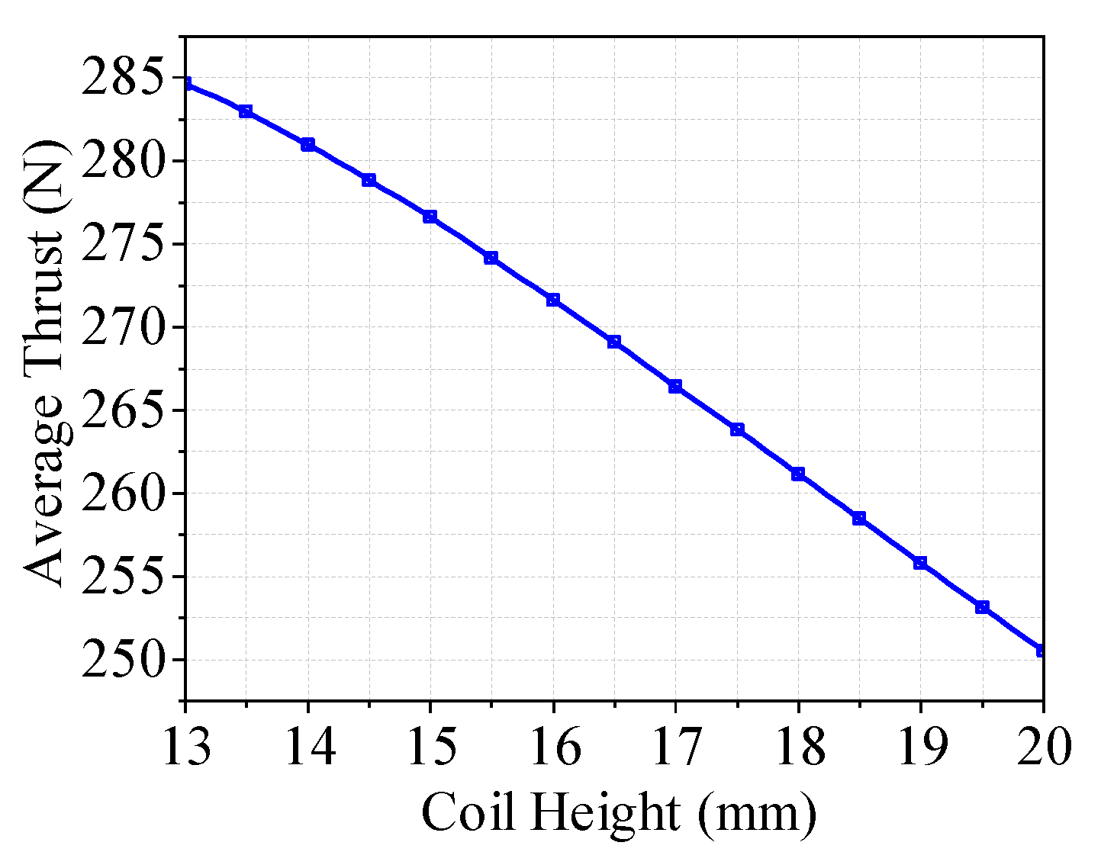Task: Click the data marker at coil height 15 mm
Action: [430, 217]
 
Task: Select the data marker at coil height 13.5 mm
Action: [246, 111]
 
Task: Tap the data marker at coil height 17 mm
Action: [675, 387]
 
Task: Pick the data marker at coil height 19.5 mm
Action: [982, 607]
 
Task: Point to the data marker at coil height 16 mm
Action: [552, 300]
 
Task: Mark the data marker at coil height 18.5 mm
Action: [859, 519]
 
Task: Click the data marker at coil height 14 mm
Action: [307, 145]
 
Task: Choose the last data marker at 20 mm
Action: [1041, 650]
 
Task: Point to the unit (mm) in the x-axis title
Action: [756, 813]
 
